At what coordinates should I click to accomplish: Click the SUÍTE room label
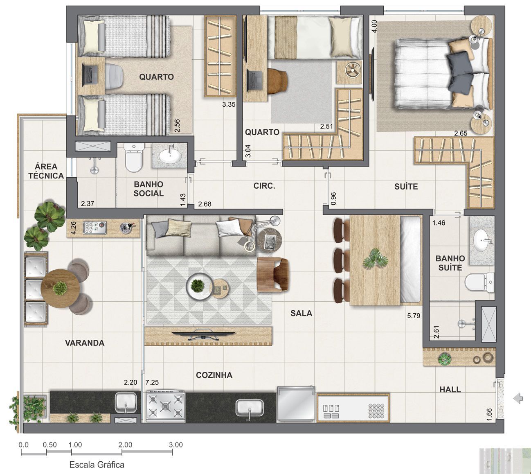tap(406, 187)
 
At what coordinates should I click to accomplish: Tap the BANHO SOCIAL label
tap(148, 189)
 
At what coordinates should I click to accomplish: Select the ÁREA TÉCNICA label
tap(46, 171)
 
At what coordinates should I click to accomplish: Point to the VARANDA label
tap(85, 343)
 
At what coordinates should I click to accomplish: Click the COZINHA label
tap(214, 375)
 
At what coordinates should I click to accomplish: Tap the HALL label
tap(450, 389)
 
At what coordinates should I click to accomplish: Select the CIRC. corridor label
tap(264, 186)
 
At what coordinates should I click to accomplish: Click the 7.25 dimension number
tap(152, 382)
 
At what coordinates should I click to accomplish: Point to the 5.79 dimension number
tap(414, 316)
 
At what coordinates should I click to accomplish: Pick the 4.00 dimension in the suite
tap(373, 26)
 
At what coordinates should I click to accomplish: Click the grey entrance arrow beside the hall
tap(518, 398)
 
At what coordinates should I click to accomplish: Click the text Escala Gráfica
tap(97, 465)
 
